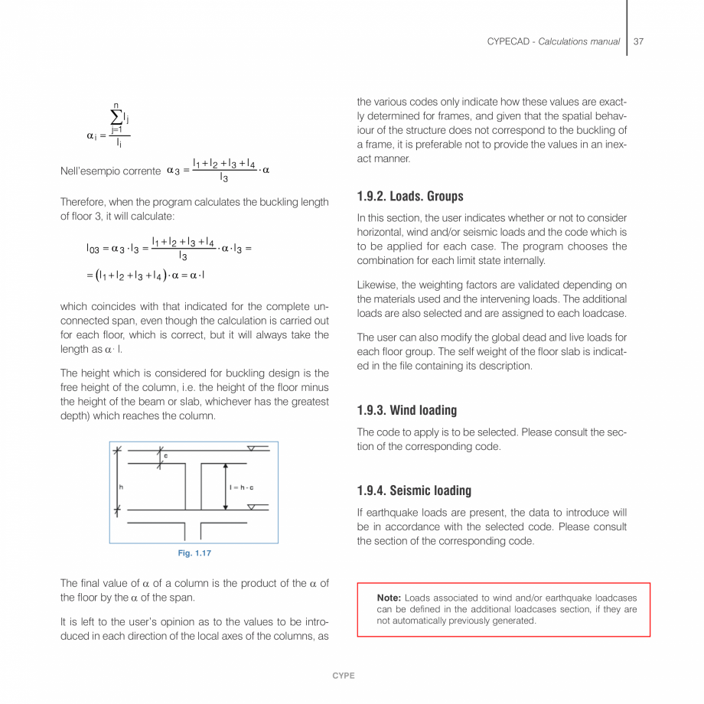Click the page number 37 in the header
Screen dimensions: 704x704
[638, 41]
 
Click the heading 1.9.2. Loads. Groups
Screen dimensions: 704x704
[409, 197]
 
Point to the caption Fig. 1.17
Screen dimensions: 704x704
[194, 553]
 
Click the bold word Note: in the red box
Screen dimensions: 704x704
[389, 598]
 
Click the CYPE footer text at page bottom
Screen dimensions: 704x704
[344, 676]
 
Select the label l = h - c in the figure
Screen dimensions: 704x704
[242, 487]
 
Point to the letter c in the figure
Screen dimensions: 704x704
[166, 456]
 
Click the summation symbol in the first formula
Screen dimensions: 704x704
[116, 116]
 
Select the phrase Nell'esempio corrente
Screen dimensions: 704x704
[110, 171]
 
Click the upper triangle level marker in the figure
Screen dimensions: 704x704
[252, 448]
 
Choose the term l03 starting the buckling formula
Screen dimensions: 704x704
[93, 249]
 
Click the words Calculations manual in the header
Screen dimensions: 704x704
[579, 41]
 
